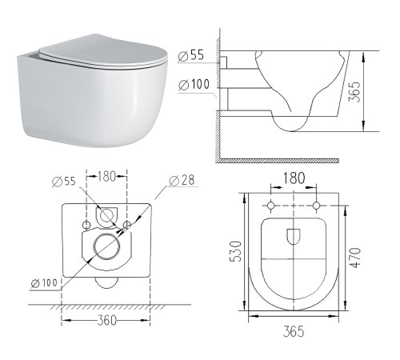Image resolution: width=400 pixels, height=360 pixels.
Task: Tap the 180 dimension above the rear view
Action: coord(107,176)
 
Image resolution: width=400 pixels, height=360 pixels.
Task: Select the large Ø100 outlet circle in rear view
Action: coord(106,247)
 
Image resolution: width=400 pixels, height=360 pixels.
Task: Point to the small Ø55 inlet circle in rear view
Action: coord(106,214)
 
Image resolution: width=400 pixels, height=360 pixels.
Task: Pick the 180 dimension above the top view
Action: coord(294,178)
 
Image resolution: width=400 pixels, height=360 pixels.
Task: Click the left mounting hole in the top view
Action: coord(272,206)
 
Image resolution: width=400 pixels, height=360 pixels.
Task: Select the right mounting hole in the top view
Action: coord(316,206)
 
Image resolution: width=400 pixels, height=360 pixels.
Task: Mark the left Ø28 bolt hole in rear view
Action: coord(86,225)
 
